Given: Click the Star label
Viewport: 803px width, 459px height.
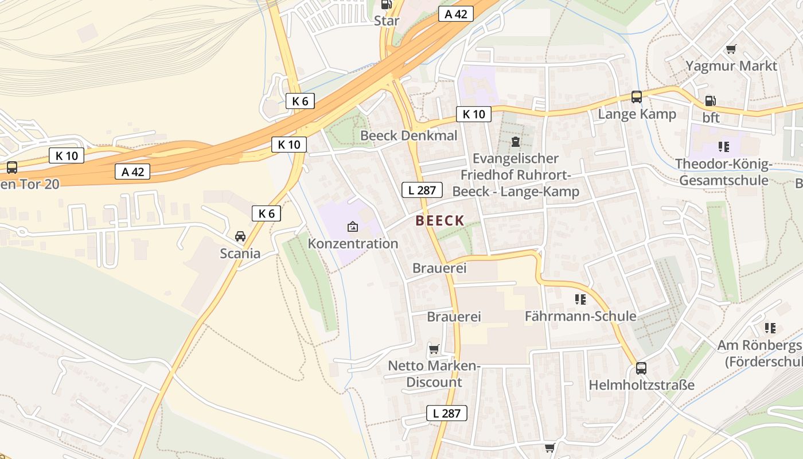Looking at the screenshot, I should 387,21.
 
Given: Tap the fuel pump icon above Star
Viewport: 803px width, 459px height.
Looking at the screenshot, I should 387,5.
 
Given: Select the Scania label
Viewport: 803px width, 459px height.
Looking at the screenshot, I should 240,253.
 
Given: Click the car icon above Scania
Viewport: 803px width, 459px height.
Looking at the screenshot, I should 240,236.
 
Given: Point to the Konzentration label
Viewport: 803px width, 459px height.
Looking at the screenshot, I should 353,243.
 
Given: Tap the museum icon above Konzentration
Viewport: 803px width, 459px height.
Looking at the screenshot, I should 353,227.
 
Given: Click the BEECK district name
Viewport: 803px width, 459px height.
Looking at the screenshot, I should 439,220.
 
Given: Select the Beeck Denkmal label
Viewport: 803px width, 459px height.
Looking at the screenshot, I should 408,135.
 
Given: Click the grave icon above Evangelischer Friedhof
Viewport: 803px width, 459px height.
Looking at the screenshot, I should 515,142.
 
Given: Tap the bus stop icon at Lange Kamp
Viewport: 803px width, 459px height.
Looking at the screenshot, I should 637,96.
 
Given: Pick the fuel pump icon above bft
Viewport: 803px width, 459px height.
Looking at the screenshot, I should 710,101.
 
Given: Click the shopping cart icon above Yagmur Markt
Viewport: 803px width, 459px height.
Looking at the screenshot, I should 731,49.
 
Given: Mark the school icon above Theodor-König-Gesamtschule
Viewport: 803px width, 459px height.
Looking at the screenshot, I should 723,147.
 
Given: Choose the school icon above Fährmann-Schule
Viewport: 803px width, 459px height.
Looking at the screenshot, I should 580,299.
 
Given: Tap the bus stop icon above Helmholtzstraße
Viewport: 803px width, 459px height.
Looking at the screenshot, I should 641,368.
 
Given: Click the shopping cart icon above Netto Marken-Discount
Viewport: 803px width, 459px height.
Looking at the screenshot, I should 434,349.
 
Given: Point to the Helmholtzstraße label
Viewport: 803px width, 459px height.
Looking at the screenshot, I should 641,384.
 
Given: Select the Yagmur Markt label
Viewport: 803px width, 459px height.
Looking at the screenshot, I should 731,66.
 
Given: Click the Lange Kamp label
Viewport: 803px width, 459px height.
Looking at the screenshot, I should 637,114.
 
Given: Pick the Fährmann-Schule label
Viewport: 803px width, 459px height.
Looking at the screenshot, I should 580,316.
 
